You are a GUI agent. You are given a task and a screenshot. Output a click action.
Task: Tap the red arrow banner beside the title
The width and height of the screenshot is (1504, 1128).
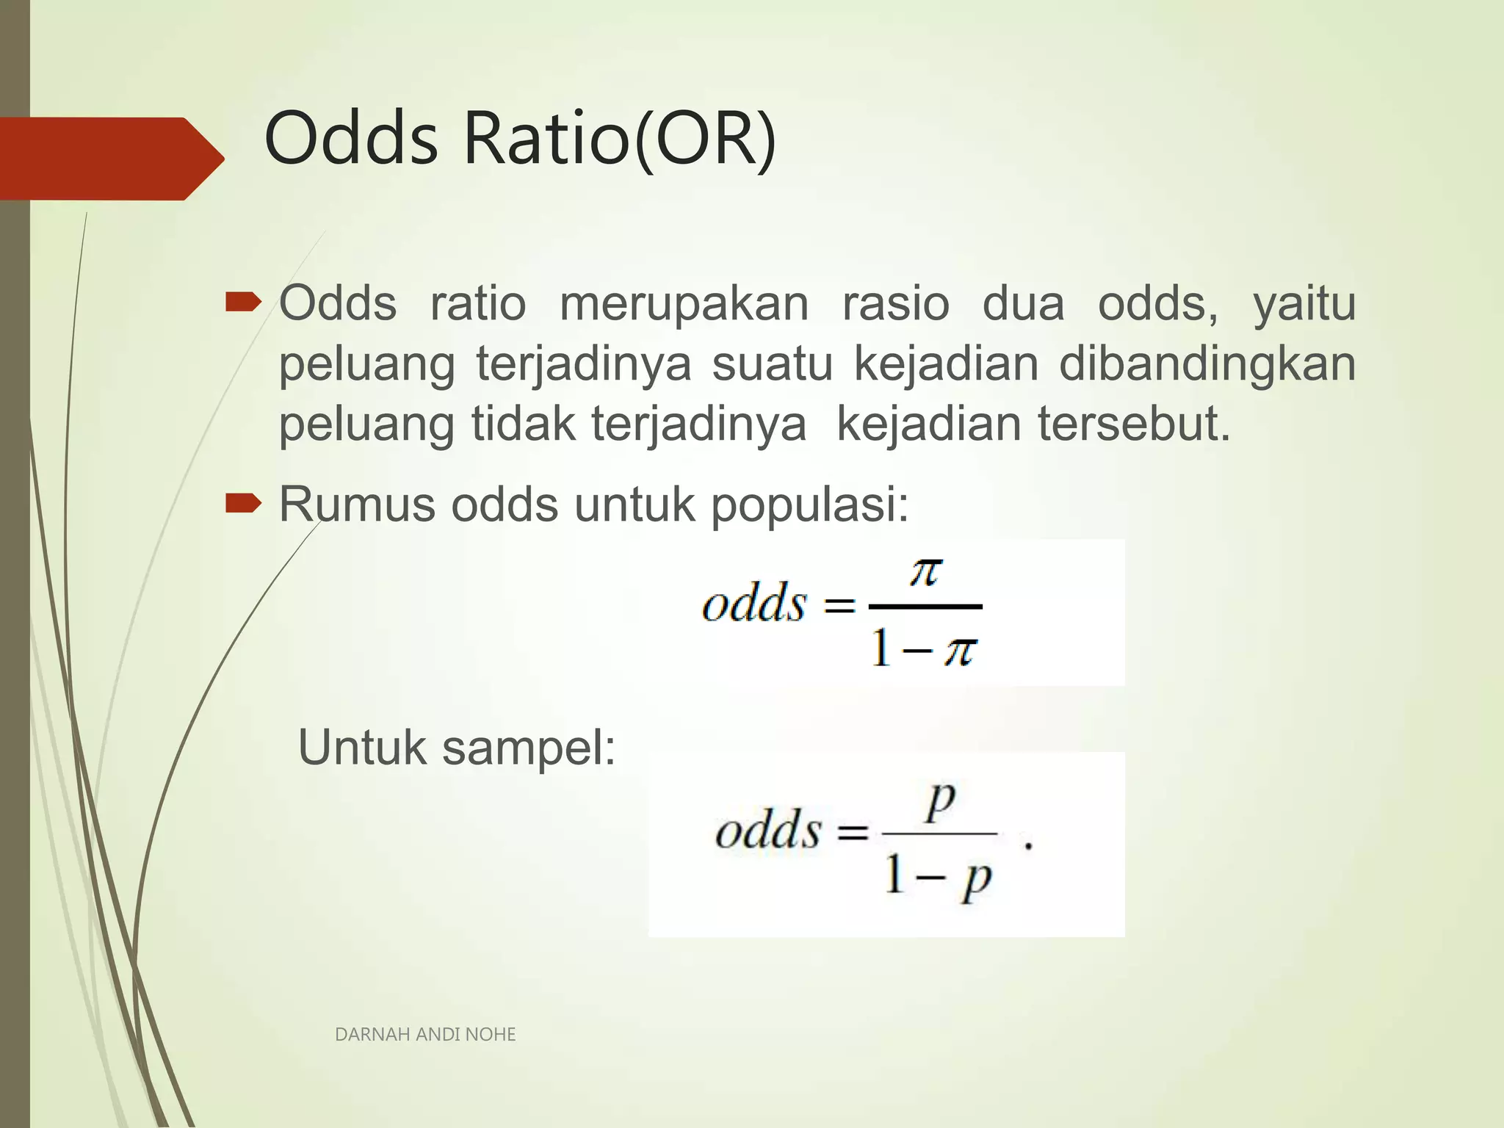pos(110,158)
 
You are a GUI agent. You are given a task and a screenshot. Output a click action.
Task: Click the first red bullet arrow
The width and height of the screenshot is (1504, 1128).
pos(243,302)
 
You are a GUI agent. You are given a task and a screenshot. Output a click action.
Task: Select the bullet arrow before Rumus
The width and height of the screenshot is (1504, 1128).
pos(243,502)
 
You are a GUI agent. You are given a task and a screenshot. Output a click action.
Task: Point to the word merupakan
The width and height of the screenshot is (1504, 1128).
pos(684,304)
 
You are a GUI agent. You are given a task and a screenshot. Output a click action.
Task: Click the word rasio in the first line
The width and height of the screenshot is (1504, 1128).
pos(895,304)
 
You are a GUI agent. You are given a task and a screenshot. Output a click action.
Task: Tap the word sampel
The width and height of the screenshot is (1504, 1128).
pos(529,748)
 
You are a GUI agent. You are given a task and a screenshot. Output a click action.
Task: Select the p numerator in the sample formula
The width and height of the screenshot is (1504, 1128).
pos(940,802)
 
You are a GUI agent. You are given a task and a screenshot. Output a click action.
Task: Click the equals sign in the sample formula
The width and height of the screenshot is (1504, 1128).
pos(853,833)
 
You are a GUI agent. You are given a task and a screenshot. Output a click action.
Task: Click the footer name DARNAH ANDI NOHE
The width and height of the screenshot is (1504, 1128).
pos(425,1035)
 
